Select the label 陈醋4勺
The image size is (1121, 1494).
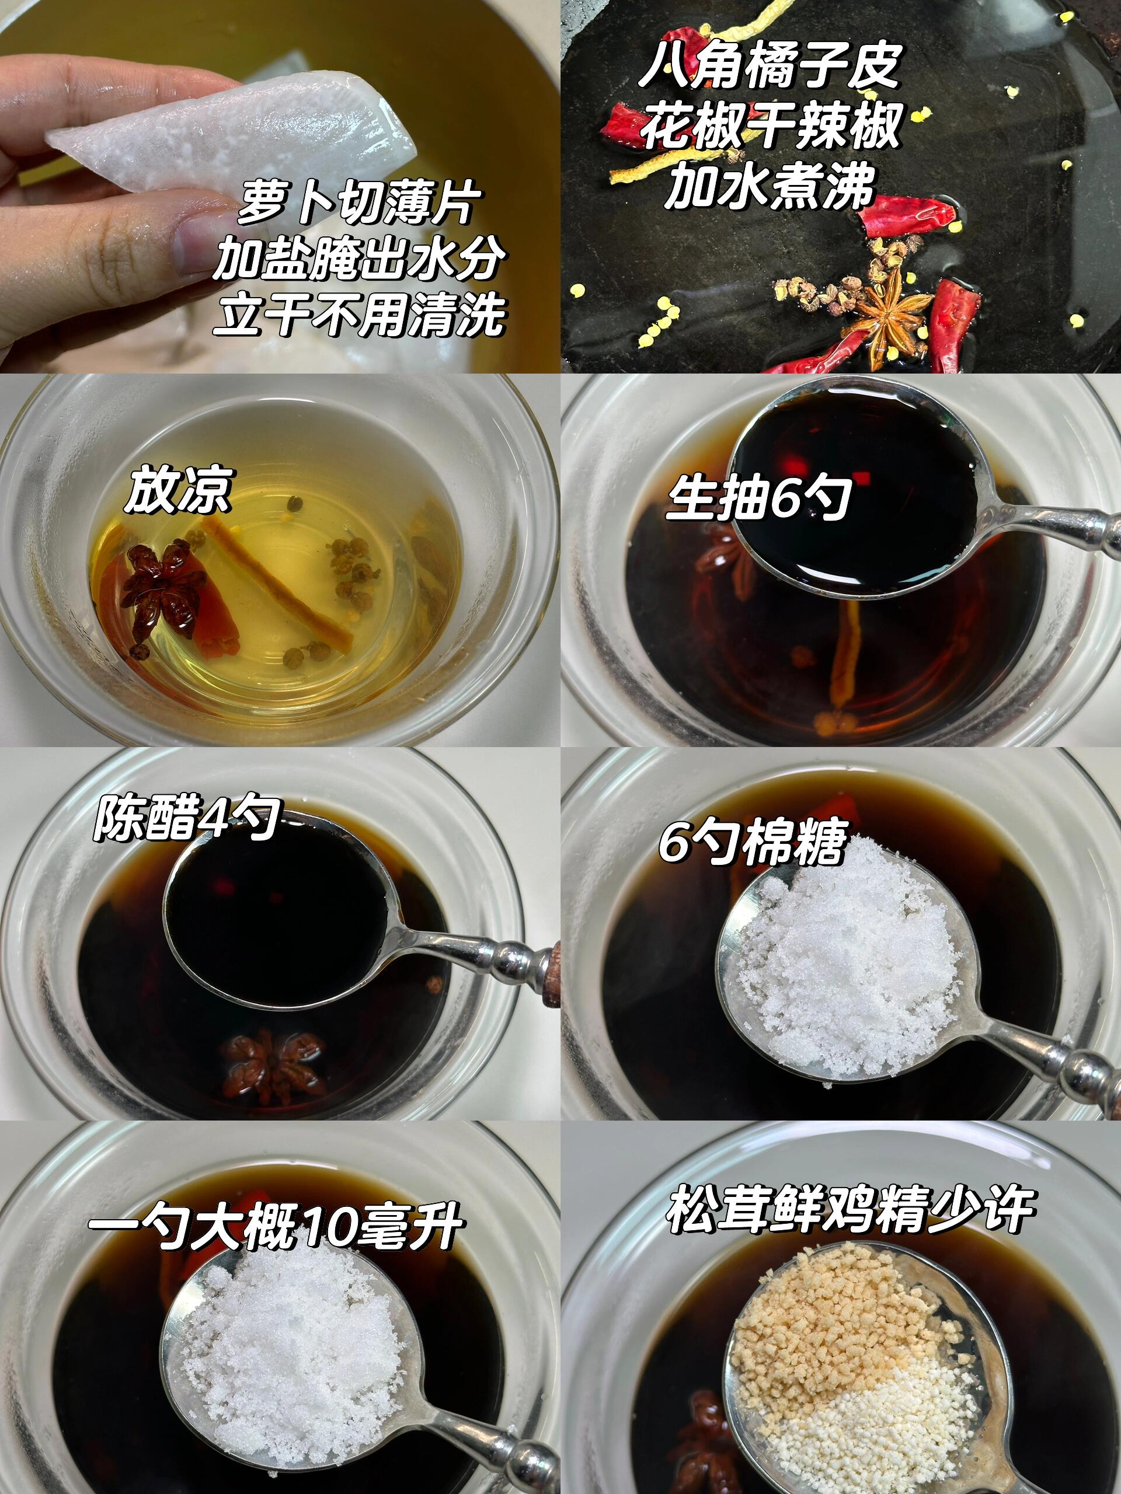(186, 819)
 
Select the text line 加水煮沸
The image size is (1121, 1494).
(770, 185)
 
